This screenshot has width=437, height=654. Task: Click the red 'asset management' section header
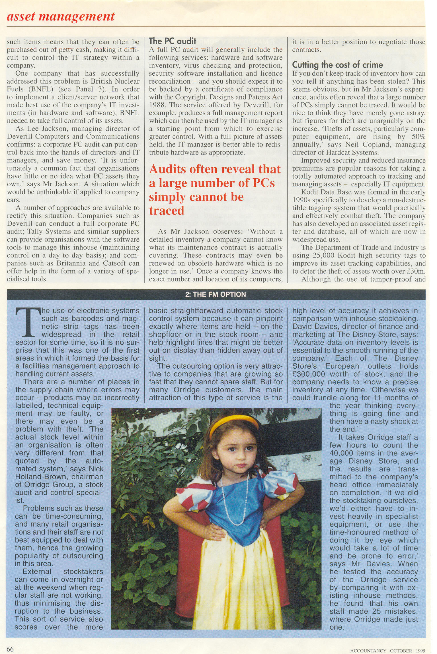(x=61, y=16)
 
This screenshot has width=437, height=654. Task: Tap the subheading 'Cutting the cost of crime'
(x=337, y=65)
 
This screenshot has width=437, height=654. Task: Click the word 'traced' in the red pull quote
(x=167, y=211)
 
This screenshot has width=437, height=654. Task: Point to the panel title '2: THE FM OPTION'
(x=216, y=294)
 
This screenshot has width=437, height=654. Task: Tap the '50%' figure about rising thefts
(x=418, y=137)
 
